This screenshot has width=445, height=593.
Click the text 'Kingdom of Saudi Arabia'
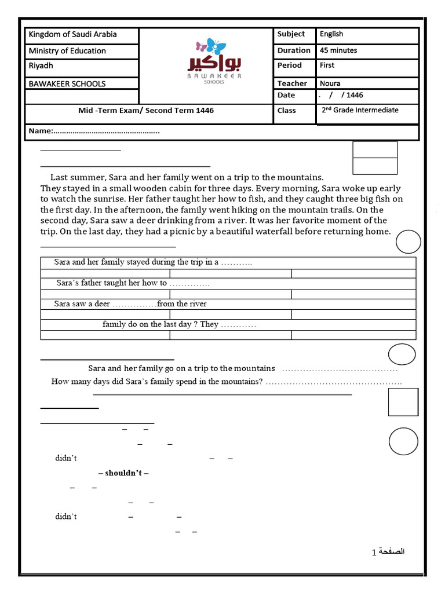[x=72, y=35]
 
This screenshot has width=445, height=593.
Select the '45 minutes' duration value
[x=338, y=50]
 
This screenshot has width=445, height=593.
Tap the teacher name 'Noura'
[x=330, y=83]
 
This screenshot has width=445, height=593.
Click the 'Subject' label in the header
[x=291, y=34]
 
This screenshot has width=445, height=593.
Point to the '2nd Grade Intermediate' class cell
[x=360, y=110]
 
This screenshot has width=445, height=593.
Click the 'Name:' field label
[x=41, y=131]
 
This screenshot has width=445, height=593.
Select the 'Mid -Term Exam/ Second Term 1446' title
[x=146, y=110]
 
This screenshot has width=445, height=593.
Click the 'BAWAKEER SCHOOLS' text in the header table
[x=67, y=83]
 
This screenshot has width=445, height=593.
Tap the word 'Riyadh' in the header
[x=41, y=66]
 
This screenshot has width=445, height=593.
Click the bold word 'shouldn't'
[x=123, y=473]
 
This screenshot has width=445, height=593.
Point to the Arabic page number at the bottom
[x=388, y=552]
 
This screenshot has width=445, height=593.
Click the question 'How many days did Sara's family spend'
[x=157, y=382]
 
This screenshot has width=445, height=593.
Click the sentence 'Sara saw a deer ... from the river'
[x=130, y=304]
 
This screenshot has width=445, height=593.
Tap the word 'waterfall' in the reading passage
[x=317, y=232]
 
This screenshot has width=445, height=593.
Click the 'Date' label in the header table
[x=286, y=95]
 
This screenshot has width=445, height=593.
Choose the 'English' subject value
[x=331, y=34]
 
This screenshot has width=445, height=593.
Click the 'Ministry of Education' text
[x=67, y=51]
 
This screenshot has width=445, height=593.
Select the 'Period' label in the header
[x=289, y=65]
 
